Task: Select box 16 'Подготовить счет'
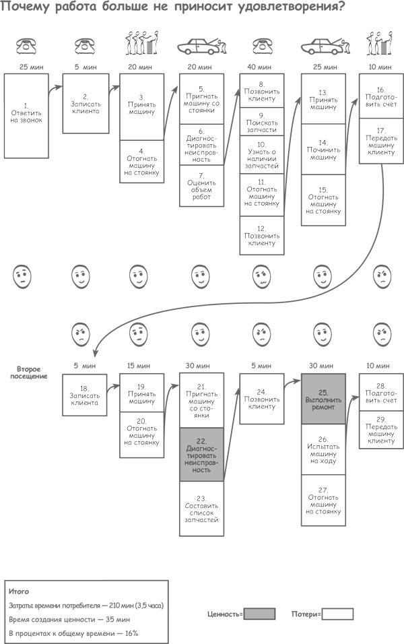[x=381, y=96]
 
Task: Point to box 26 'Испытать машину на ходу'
[x=323, y=449]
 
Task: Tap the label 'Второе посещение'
[x=32, y=372]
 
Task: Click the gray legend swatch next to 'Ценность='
[x=259, y=614]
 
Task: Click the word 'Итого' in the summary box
[x=20, y=591]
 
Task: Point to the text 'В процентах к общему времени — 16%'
[x=73, y=634]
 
